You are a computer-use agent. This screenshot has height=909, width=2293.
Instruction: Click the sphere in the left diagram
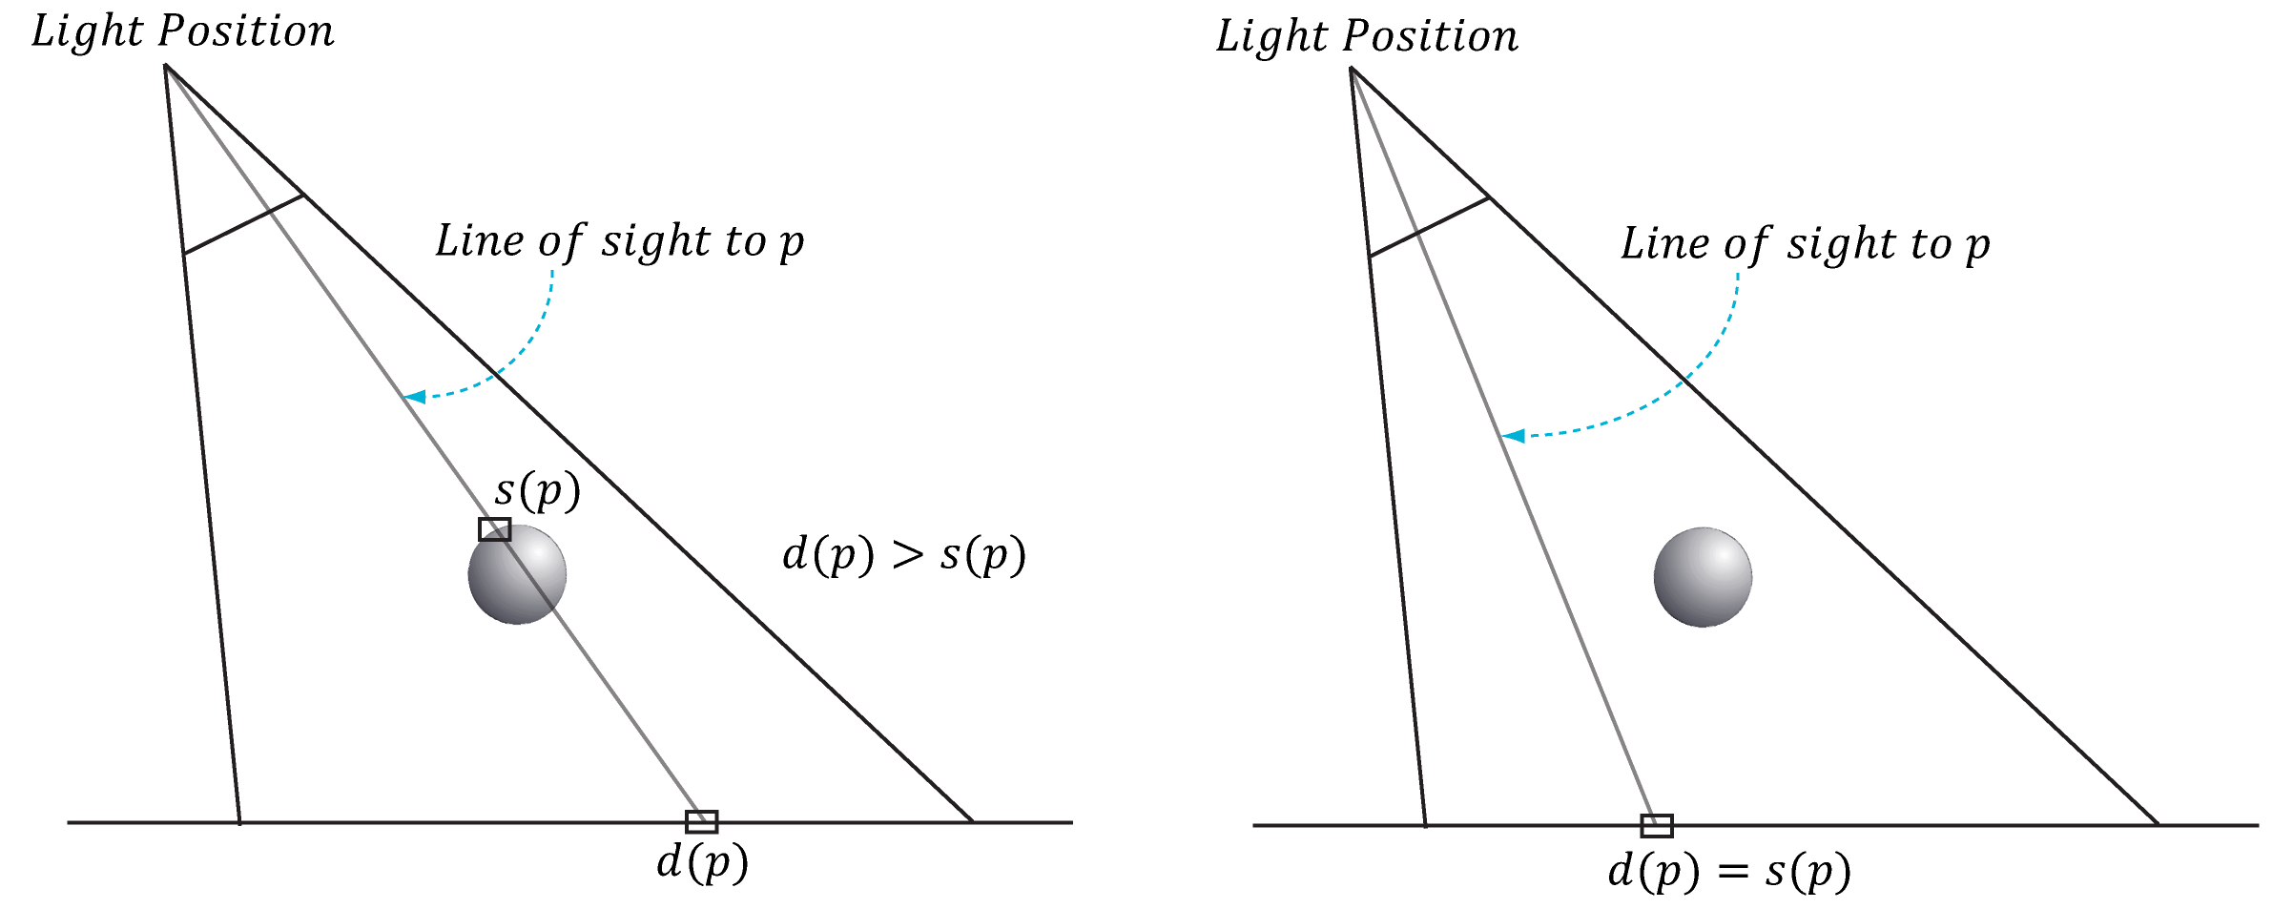click(x=517, y=575)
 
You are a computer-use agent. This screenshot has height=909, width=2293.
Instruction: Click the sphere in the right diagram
click(x=1703, y=577)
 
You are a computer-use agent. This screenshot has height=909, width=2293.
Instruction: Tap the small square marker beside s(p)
click(x=494, y=529)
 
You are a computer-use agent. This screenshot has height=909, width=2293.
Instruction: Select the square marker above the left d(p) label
click(x=701, y=821)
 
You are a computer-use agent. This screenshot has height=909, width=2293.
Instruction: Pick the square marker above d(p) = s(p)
click(x=1657, y=825)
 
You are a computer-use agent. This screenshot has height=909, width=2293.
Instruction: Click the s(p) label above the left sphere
click(x=537, y=491)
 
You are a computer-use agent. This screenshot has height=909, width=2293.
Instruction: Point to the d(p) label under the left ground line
click(x=702, y=863)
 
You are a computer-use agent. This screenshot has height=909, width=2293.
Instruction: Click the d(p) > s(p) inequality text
click(x=903, y=555)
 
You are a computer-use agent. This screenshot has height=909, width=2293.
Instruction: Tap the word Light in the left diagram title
click(x=87, y=31)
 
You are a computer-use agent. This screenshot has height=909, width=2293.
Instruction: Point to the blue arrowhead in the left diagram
click(x=414, y=396)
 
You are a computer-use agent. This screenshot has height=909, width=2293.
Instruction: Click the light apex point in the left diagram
click(x=166, y=66)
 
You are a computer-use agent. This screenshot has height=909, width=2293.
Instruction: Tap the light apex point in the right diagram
click(x=1351, y=69)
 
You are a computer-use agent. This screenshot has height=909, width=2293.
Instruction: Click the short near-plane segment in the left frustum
click(x=243, y=225)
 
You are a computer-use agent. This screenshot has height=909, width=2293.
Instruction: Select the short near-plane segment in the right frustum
click(x=1429, y=227)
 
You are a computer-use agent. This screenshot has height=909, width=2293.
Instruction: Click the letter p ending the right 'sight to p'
click(x=1977, y=246)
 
